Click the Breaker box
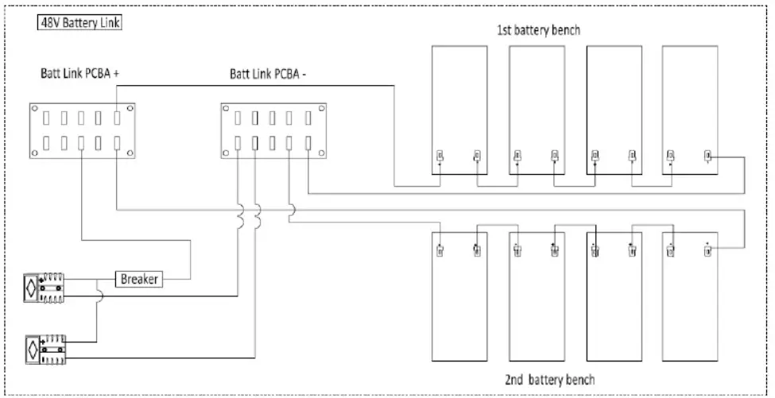[x=141, y=280]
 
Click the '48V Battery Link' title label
[x=79, y=23]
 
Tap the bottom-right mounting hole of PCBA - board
[x=320, y=152]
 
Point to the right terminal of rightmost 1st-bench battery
[x=707, y=155]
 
